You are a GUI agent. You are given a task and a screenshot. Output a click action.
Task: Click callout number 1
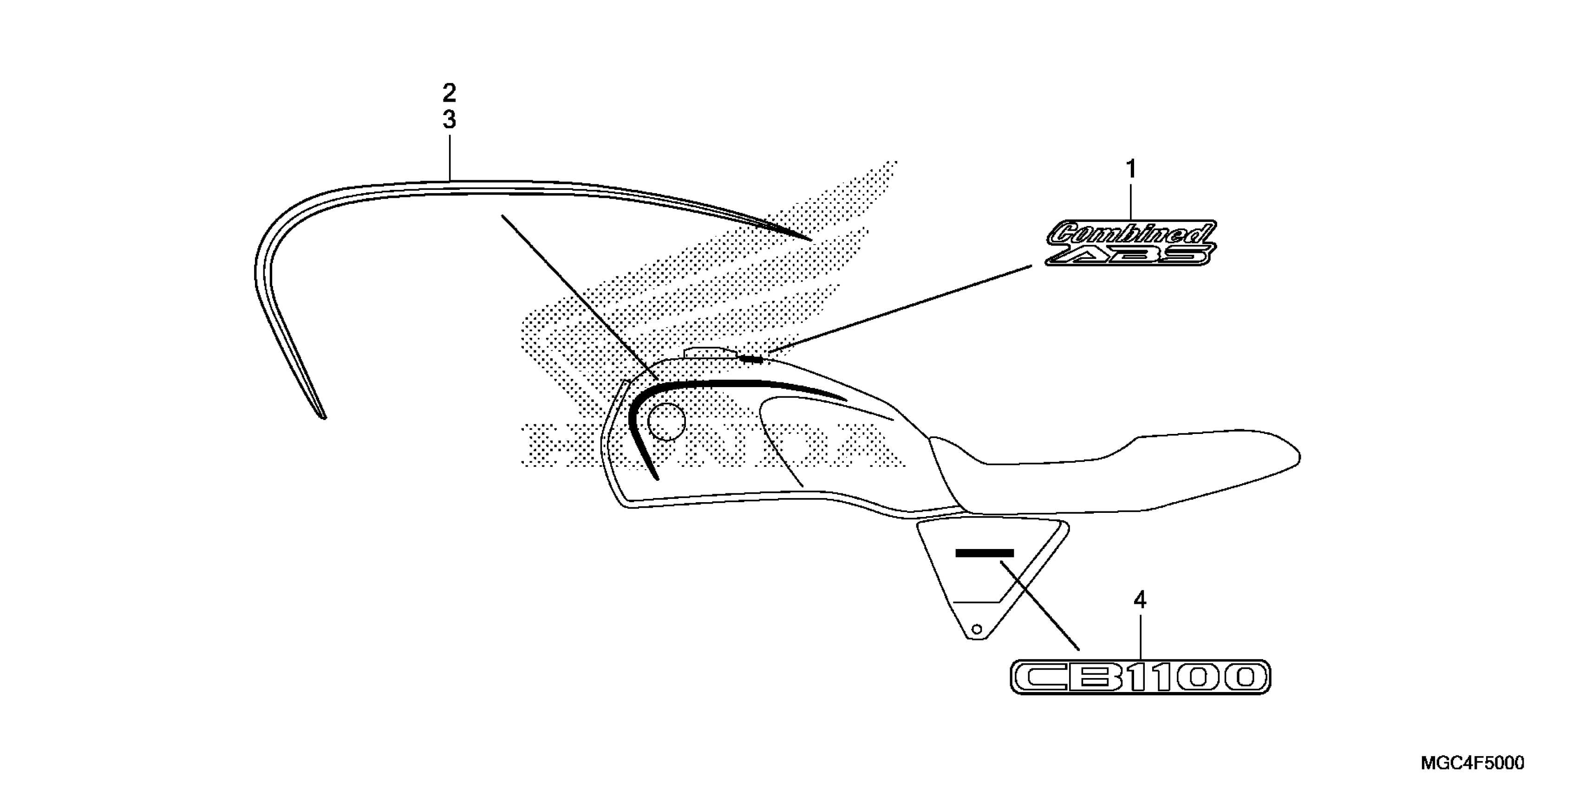(1131, 168)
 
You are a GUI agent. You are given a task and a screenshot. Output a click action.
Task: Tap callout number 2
(449, 94)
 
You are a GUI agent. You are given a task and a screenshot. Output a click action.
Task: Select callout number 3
(449, 120)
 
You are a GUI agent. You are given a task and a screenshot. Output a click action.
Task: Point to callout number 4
(1140, 600)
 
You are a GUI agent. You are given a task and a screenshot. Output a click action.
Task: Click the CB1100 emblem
(1140, 677)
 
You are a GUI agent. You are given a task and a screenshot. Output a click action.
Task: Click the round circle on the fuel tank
(666, 422)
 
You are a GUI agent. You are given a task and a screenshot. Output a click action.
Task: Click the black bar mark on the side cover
(985, 553)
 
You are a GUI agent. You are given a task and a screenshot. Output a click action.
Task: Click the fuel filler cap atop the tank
(708, 352)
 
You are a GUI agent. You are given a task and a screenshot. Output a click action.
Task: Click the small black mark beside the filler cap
(751, 359)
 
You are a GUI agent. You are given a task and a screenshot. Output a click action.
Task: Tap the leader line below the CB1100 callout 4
(1140, 637)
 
